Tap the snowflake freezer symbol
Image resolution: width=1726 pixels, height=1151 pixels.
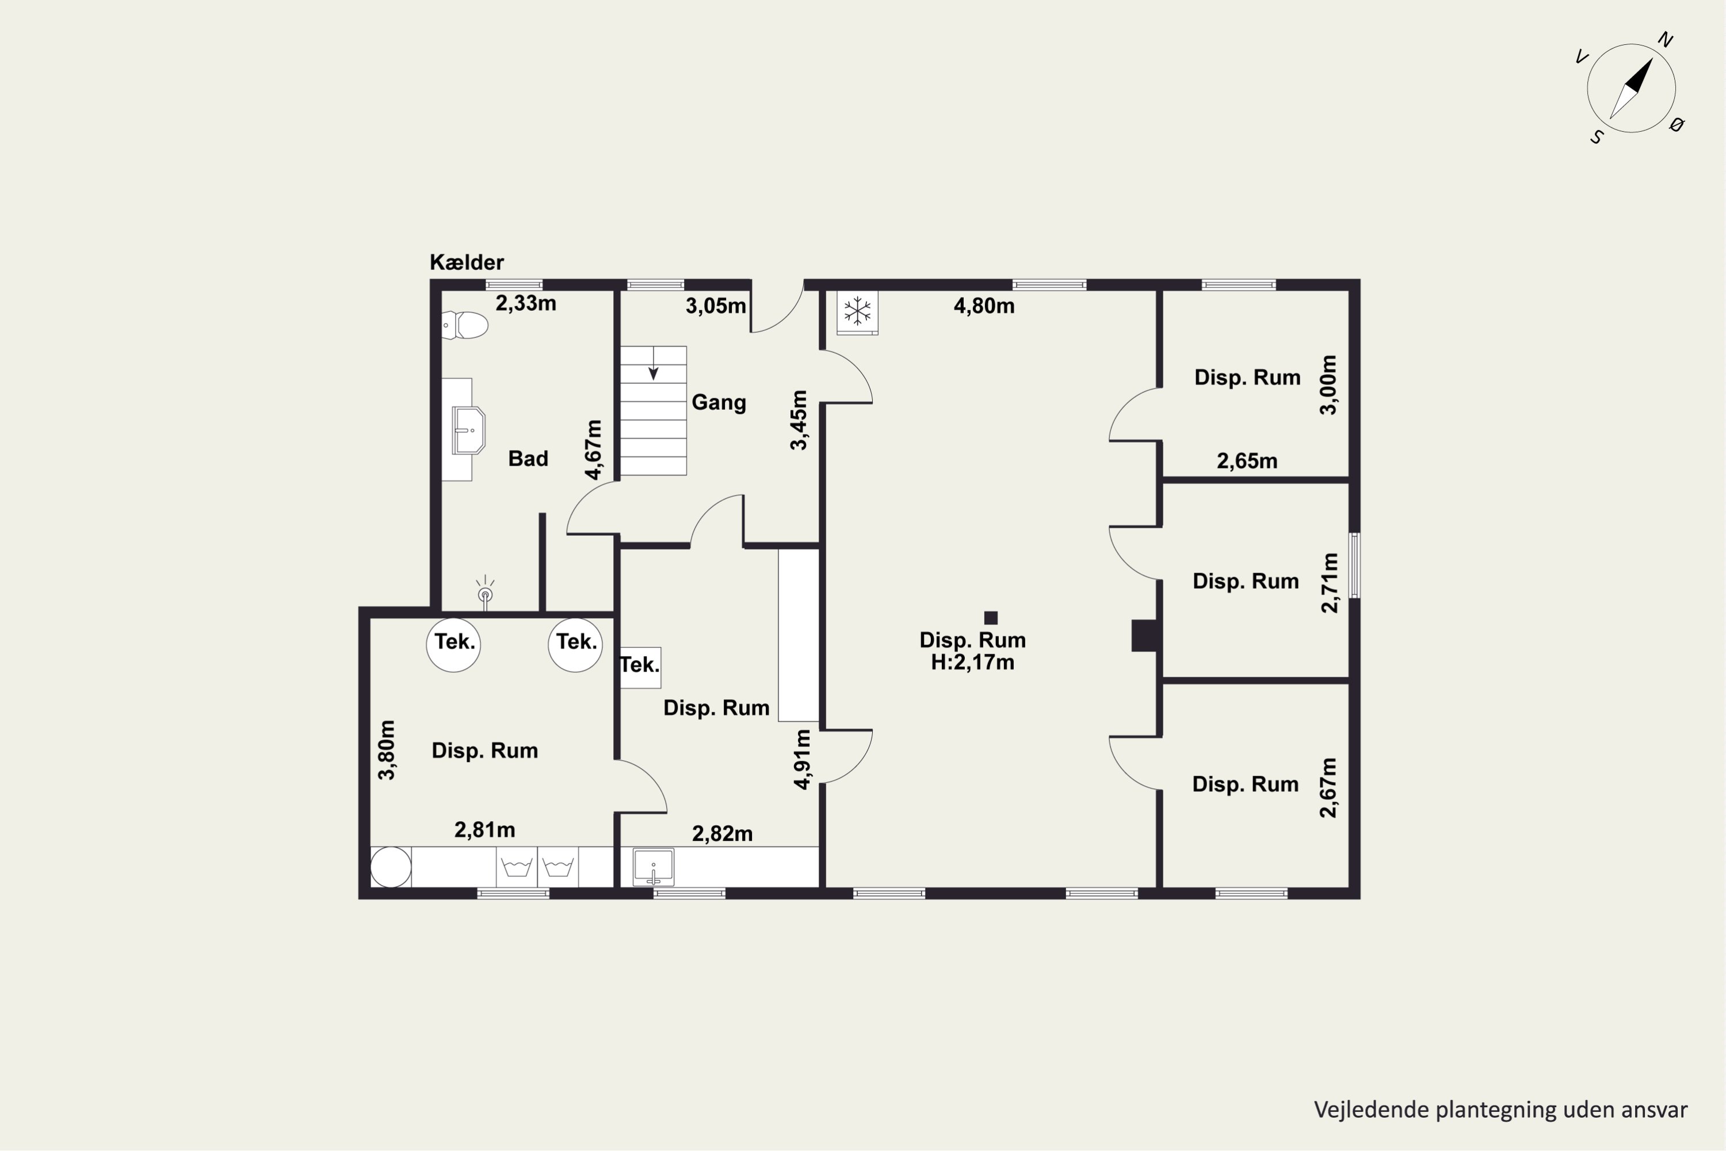click(x=857, y=311)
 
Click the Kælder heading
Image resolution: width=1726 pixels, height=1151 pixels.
click(x=467, y=262)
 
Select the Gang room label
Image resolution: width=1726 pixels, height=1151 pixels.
click(x=719, y=402)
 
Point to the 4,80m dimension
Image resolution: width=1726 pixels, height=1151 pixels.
click(x=984, y=306)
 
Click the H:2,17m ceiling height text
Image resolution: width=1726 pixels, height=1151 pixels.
click(x=973, y=662)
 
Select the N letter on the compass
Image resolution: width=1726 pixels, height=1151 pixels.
click(x=1665, y=40)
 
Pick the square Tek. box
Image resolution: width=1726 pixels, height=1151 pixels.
click(x=641, y=667)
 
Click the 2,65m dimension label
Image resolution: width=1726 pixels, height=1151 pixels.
click(x=1247, y=461)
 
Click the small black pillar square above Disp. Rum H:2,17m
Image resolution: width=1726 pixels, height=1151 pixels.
click(x=991, y=618)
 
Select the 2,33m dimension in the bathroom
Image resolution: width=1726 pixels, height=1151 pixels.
click(x=525, y=303)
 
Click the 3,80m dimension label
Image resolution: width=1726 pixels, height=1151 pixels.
click(x=386, y=749)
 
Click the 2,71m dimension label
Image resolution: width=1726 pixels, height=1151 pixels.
click(x=1329, y=583)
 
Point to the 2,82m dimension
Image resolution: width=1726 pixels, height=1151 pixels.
click(x=723, y=833)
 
